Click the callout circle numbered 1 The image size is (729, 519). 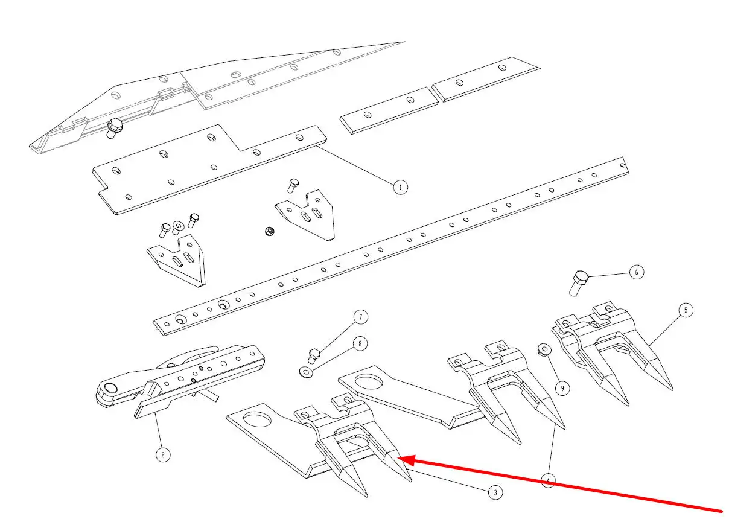[400, 186]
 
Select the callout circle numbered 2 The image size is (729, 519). [162, 454]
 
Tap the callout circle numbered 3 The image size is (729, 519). [495, 492]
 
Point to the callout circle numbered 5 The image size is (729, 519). [685, 310]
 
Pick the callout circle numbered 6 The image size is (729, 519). [636, 272]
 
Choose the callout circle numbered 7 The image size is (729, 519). [360, 316]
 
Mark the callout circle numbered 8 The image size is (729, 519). [360, 344]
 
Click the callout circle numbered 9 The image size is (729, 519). [562, 388]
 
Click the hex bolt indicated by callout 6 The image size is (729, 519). [578, 283]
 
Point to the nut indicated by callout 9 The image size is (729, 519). [543, 350]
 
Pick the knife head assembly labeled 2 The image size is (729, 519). [181, 380]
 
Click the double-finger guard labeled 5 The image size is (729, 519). [610, 350]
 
